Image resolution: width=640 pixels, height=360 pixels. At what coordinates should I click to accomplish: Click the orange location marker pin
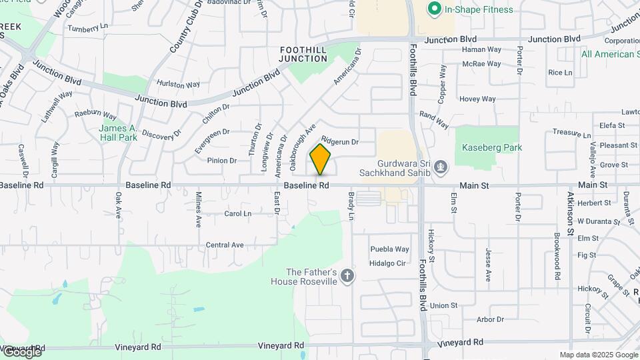point(321,159)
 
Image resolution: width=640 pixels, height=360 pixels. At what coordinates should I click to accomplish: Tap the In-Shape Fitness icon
point(435,9)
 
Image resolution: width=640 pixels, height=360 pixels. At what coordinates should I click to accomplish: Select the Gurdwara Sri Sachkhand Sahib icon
point(440,165)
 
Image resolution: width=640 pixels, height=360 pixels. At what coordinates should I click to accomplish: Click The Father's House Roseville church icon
point(347,275)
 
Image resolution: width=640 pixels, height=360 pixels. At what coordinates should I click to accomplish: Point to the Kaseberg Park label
point(493,147)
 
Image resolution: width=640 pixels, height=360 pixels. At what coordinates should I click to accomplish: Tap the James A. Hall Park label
point(117,133)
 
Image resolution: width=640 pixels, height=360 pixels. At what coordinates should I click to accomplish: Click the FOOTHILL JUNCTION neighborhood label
point(303,54)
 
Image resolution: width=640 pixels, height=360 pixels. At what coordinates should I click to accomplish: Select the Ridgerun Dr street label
point(340,141)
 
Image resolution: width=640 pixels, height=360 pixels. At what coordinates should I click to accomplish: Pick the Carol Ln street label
point(237,214)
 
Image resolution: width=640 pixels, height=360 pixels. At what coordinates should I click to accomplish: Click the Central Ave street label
point(225,245)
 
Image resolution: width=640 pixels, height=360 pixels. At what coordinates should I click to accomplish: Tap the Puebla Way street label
point(389,249)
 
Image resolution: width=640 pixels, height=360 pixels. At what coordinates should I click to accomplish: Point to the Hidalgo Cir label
point(388,263)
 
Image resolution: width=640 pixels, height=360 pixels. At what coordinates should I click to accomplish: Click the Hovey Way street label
point(477,99)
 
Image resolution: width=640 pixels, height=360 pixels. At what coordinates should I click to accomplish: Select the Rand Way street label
point(434,116)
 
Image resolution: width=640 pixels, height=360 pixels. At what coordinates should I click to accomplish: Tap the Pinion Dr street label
point(221,161)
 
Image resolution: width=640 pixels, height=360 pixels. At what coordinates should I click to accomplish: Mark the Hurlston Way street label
point(178,85)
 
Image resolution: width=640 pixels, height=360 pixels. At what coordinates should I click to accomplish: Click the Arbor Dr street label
point(490,320)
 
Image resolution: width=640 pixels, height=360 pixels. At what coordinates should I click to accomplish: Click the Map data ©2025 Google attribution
point(599,355)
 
